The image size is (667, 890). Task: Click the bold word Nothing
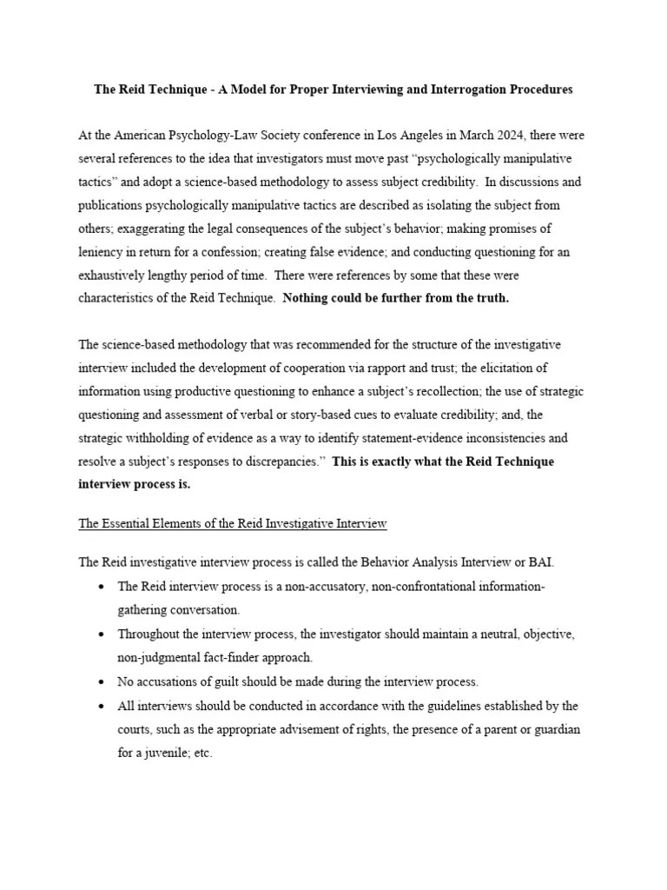[307, 298]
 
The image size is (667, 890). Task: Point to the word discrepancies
[277, 462]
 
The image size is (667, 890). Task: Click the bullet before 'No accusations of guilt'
[102, 681]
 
